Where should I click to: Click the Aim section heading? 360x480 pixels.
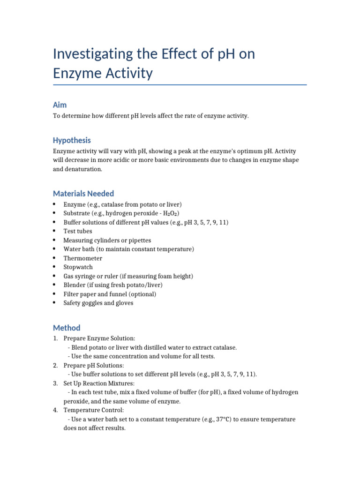point(60,105)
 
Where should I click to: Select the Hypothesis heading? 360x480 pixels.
point(72,140)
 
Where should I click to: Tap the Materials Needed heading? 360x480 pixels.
point(83,194)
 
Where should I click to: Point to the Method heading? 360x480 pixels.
point(67,328)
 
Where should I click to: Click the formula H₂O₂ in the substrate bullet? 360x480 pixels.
point(171,213)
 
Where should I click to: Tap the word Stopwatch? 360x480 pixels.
point(78,267)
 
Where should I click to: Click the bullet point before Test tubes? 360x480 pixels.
point(55,231)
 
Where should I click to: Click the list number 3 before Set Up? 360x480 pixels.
point(55,383)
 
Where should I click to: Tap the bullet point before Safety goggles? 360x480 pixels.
point(55,303)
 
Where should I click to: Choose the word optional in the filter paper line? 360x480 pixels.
point(143,294)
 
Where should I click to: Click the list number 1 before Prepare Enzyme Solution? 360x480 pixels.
point(55,338)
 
